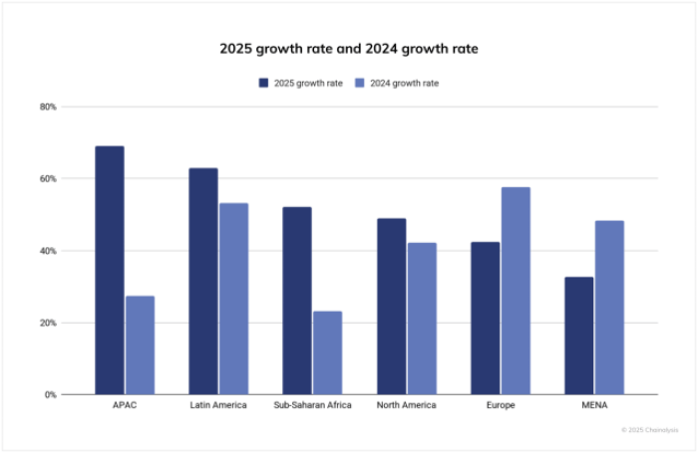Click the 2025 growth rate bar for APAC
pyautogui.click(x=110, y=270)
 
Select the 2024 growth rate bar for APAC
pyautogui.click(x=140, y=344)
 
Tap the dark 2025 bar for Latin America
pyautogui.click(x=203, y=281)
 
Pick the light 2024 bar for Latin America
pyautogui.click(x=233, y=299)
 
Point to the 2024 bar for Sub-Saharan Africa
pyautogui.click(x=327, y=352)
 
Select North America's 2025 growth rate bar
pyautogui.click(x=391, y=307)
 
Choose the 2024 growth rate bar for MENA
pyautogui.click(x=609, y=308)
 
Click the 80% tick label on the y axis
pyautogui.click(x=48, y=107)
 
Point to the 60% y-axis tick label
pyautogui.click(x=48, y=179)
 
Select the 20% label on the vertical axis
pyautogui.click(x=48, y=323)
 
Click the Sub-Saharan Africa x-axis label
pyautogui.click(x=312, y=406)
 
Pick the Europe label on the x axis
pyautogui.click(x=500, y=406)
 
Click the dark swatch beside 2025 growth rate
pyautogui.click(x=263, y=83)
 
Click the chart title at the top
pyautogui.click(x=349, y=48)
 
